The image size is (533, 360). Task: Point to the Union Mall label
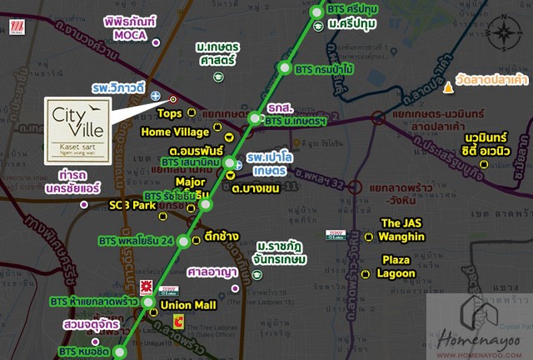[187, 305]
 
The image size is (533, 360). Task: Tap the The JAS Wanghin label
[402, 229]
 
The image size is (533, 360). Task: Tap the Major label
[191, 181]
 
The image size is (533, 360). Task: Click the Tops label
[169, 112]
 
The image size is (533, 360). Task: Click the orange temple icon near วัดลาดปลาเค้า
[451, 86]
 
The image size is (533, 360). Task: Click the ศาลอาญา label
[213, 272]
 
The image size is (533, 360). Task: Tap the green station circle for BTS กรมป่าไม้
[286, 68]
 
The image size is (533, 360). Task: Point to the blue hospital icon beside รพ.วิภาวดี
[156, 98]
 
